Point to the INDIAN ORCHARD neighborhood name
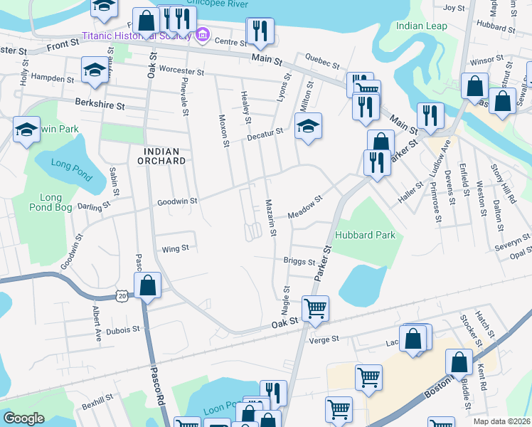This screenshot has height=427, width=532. click(x=164, y=156)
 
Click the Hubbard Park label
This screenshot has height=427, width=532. click(x=359, y=234)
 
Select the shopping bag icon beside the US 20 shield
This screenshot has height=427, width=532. click(x=147, y=286)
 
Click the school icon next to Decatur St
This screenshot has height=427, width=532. click(x=308, y=127)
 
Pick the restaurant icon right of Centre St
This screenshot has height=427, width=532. click(x=260, y=31)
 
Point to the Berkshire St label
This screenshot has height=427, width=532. click(x=100, y=105)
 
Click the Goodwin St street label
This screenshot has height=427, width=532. click(x=177, y=201)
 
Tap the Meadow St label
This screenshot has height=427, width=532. click(x=305, y=207)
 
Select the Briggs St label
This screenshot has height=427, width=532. click(x=299, y=261)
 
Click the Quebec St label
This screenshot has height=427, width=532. click(x=318, y=59)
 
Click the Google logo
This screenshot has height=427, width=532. click(x=23, y=418)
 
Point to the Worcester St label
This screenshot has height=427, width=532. click(x=181, y=72)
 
